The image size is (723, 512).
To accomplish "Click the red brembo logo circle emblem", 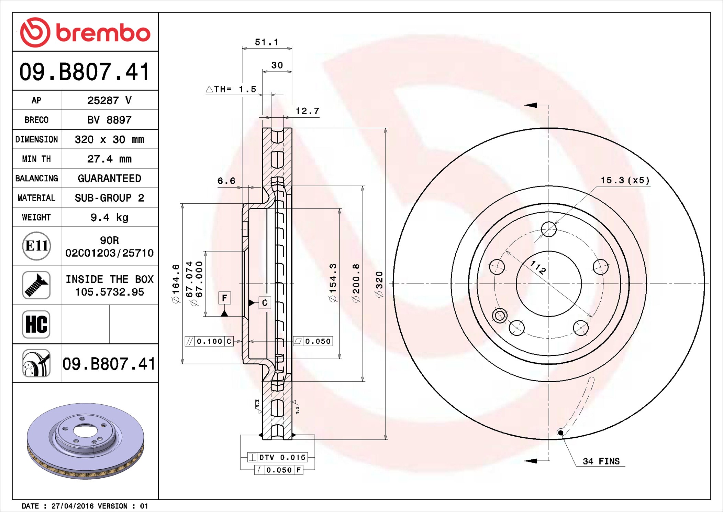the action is (35, 32).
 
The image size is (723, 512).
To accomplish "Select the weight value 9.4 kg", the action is (109, 217).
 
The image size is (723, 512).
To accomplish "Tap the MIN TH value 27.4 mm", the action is (109, 159).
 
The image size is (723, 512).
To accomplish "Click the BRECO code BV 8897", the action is (109, 120).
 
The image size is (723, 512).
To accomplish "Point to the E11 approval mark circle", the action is (36, 246).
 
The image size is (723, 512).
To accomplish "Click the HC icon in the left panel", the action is (36, 324).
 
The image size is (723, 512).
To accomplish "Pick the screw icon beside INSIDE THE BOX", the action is (36, 285).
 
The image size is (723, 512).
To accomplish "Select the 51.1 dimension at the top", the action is (266, 42).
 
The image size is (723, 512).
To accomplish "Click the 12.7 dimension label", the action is (308, 111).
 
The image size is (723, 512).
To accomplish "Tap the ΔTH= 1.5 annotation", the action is (231, 89).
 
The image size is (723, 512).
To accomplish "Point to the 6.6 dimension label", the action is (226, 181).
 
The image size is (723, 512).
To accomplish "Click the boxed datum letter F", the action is (224, 298).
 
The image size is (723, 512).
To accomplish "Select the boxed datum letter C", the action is (265, 303).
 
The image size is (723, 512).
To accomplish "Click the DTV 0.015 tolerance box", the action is (277, 457).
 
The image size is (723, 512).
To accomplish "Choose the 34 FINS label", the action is (601, 461).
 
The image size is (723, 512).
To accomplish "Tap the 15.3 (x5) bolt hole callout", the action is (625, 180).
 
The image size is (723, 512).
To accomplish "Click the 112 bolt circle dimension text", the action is (538, 267).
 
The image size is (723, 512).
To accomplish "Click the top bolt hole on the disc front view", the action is (548, 229).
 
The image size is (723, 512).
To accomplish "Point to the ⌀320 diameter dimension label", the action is (379, 284).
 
